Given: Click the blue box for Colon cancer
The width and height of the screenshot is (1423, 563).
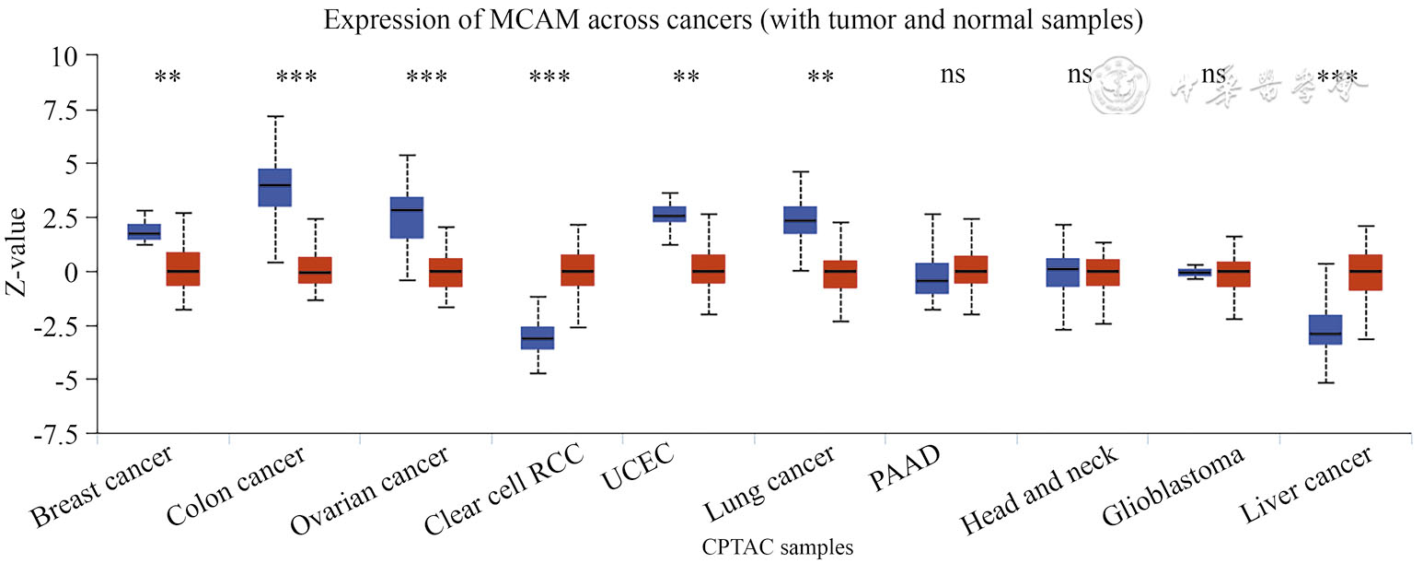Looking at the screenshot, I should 275,187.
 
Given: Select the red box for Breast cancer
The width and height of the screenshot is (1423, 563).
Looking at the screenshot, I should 183,268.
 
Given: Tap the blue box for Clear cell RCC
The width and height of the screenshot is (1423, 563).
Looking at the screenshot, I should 538,337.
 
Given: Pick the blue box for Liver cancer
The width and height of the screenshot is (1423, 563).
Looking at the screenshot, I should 1325,329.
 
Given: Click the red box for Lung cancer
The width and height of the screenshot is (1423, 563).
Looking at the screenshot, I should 840,274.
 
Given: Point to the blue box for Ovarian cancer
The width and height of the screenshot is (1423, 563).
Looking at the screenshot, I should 407,217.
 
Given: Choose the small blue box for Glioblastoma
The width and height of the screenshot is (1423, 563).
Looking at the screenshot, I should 1195,272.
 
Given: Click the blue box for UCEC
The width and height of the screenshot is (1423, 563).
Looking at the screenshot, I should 669,214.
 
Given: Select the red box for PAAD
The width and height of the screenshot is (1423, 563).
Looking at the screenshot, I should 971,269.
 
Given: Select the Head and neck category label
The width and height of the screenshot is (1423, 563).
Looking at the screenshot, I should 1040,489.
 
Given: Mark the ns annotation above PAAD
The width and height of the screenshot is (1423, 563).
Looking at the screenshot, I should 953,75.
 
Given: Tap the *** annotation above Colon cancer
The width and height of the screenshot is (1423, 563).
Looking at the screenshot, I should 296,77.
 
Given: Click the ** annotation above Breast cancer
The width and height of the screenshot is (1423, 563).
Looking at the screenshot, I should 168,77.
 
